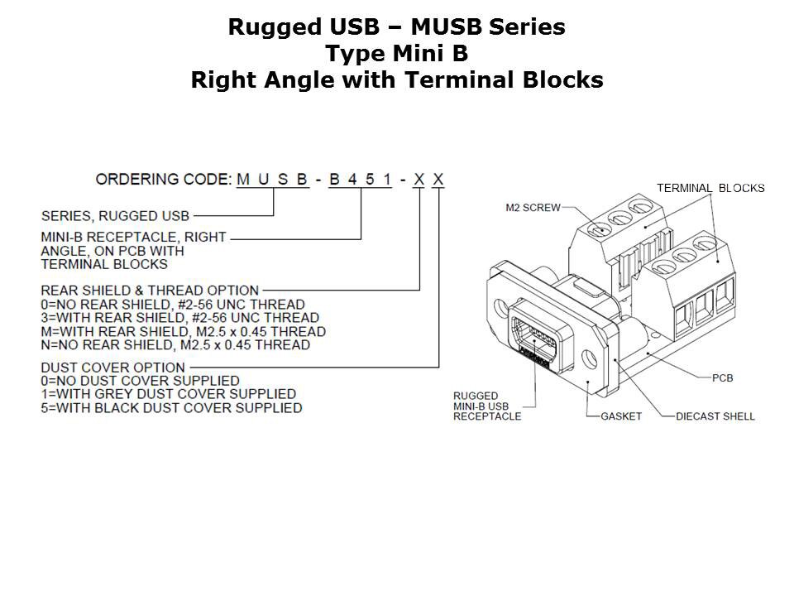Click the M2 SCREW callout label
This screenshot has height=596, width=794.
pos(533,207)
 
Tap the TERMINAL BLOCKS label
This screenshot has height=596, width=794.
pos(710,188)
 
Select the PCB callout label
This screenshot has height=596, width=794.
pos(722,378)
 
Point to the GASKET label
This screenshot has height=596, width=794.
pos(620,416)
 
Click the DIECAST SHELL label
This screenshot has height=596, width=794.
pos(715,416)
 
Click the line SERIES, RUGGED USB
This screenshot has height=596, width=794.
pos(114,216)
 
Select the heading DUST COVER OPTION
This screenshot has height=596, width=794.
pos(112,367)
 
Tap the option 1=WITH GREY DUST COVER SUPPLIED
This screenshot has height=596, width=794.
pos(168,394)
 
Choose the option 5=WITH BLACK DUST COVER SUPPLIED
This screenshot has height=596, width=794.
pos(171,408)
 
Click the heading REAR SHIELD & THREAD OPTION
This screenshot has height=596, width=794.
pos(150,291)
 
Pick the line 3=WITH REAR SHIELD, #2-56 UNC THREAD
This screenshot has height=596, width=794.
pos(179,318)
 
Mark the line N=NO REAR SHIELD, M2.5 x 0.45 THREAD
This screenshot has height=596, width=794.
pos(175,344)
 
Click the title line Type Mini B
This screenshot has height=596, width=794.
pos(396,54)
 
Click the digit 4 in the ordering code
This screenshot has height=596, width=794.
pos(352,179)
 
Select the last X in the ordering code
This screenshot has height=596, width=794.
pos(438,179)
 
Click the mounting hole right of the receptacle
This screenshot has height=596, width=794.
pos(588,360)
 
